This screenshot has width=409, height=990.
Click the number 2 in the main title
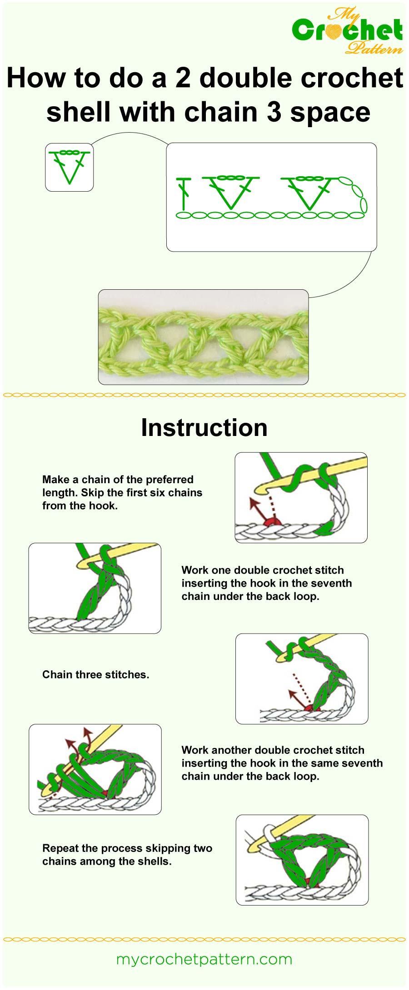[x=183, y=78]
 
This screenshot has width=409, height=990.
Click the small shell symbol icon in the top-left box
[x=69, y=167]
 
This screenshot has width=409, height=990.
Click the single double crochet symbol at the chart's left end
[x=184, y=194]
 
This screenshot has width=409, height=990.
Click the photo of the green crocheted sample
[x=203, y=337]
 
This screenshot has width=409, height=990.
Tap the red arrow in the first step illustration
[x=257, y=509]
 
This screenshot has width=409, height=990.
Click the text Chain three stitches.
[x=95, y=674]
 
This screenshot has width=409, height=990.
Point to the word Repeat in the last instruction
[x=59, y=848]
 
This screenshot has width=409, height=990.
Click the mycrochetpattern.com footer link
[x=204, y=959]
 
